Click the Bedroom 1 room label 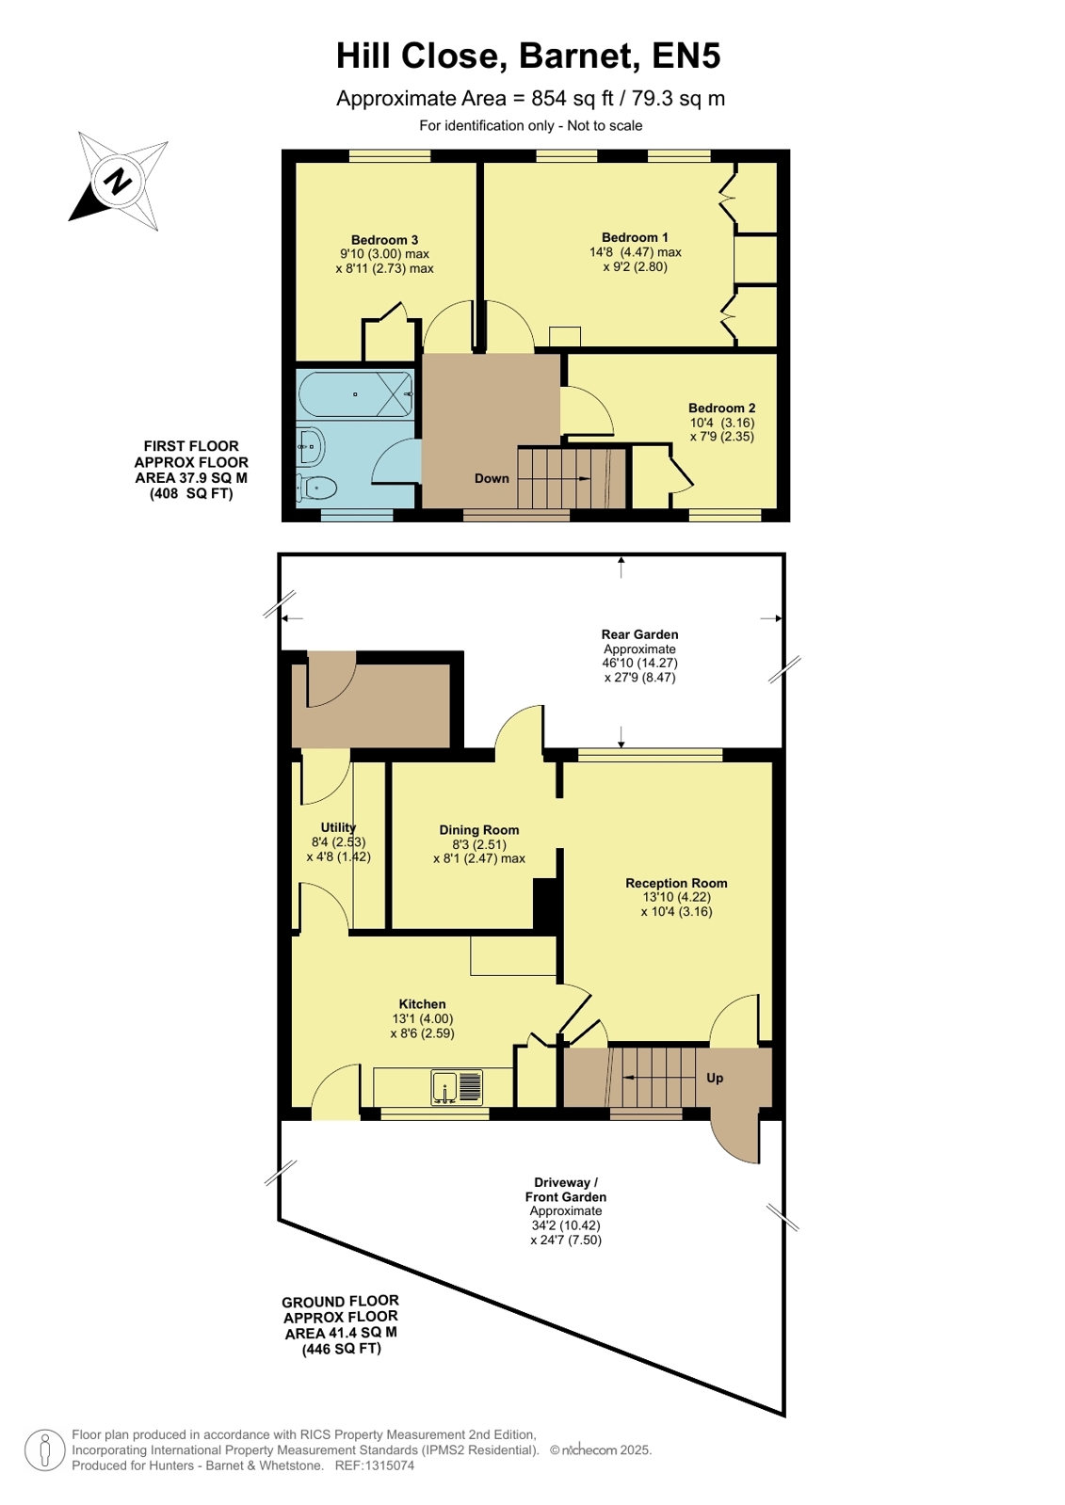(x=634, y=237)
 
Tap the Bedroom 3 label (x=384, y=240)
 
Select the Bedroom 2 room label (x=721, y=408)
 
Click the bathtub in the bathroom (x=355, y=394)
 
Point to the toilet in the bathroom (x=316, y=488)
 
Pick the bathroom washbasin (x=311, y=445)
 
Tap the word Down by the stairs (x=492, y=478)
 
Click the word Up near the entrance (x=715, y=1078)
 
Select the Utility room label (x=338, y=827)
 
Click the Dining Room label (x=478, y=830)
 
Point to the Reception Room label (x=676, y=883)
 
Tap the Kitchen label (x=422, y=1003)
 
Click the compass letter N (x=119, y=180)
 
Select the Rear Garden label (x=639, y=634)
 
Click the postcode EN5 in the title (x=686, y=56)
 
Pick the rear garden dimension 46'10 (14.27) (x=639, y=663)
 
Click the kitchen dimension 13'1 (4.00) (x=422, y=1018)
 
